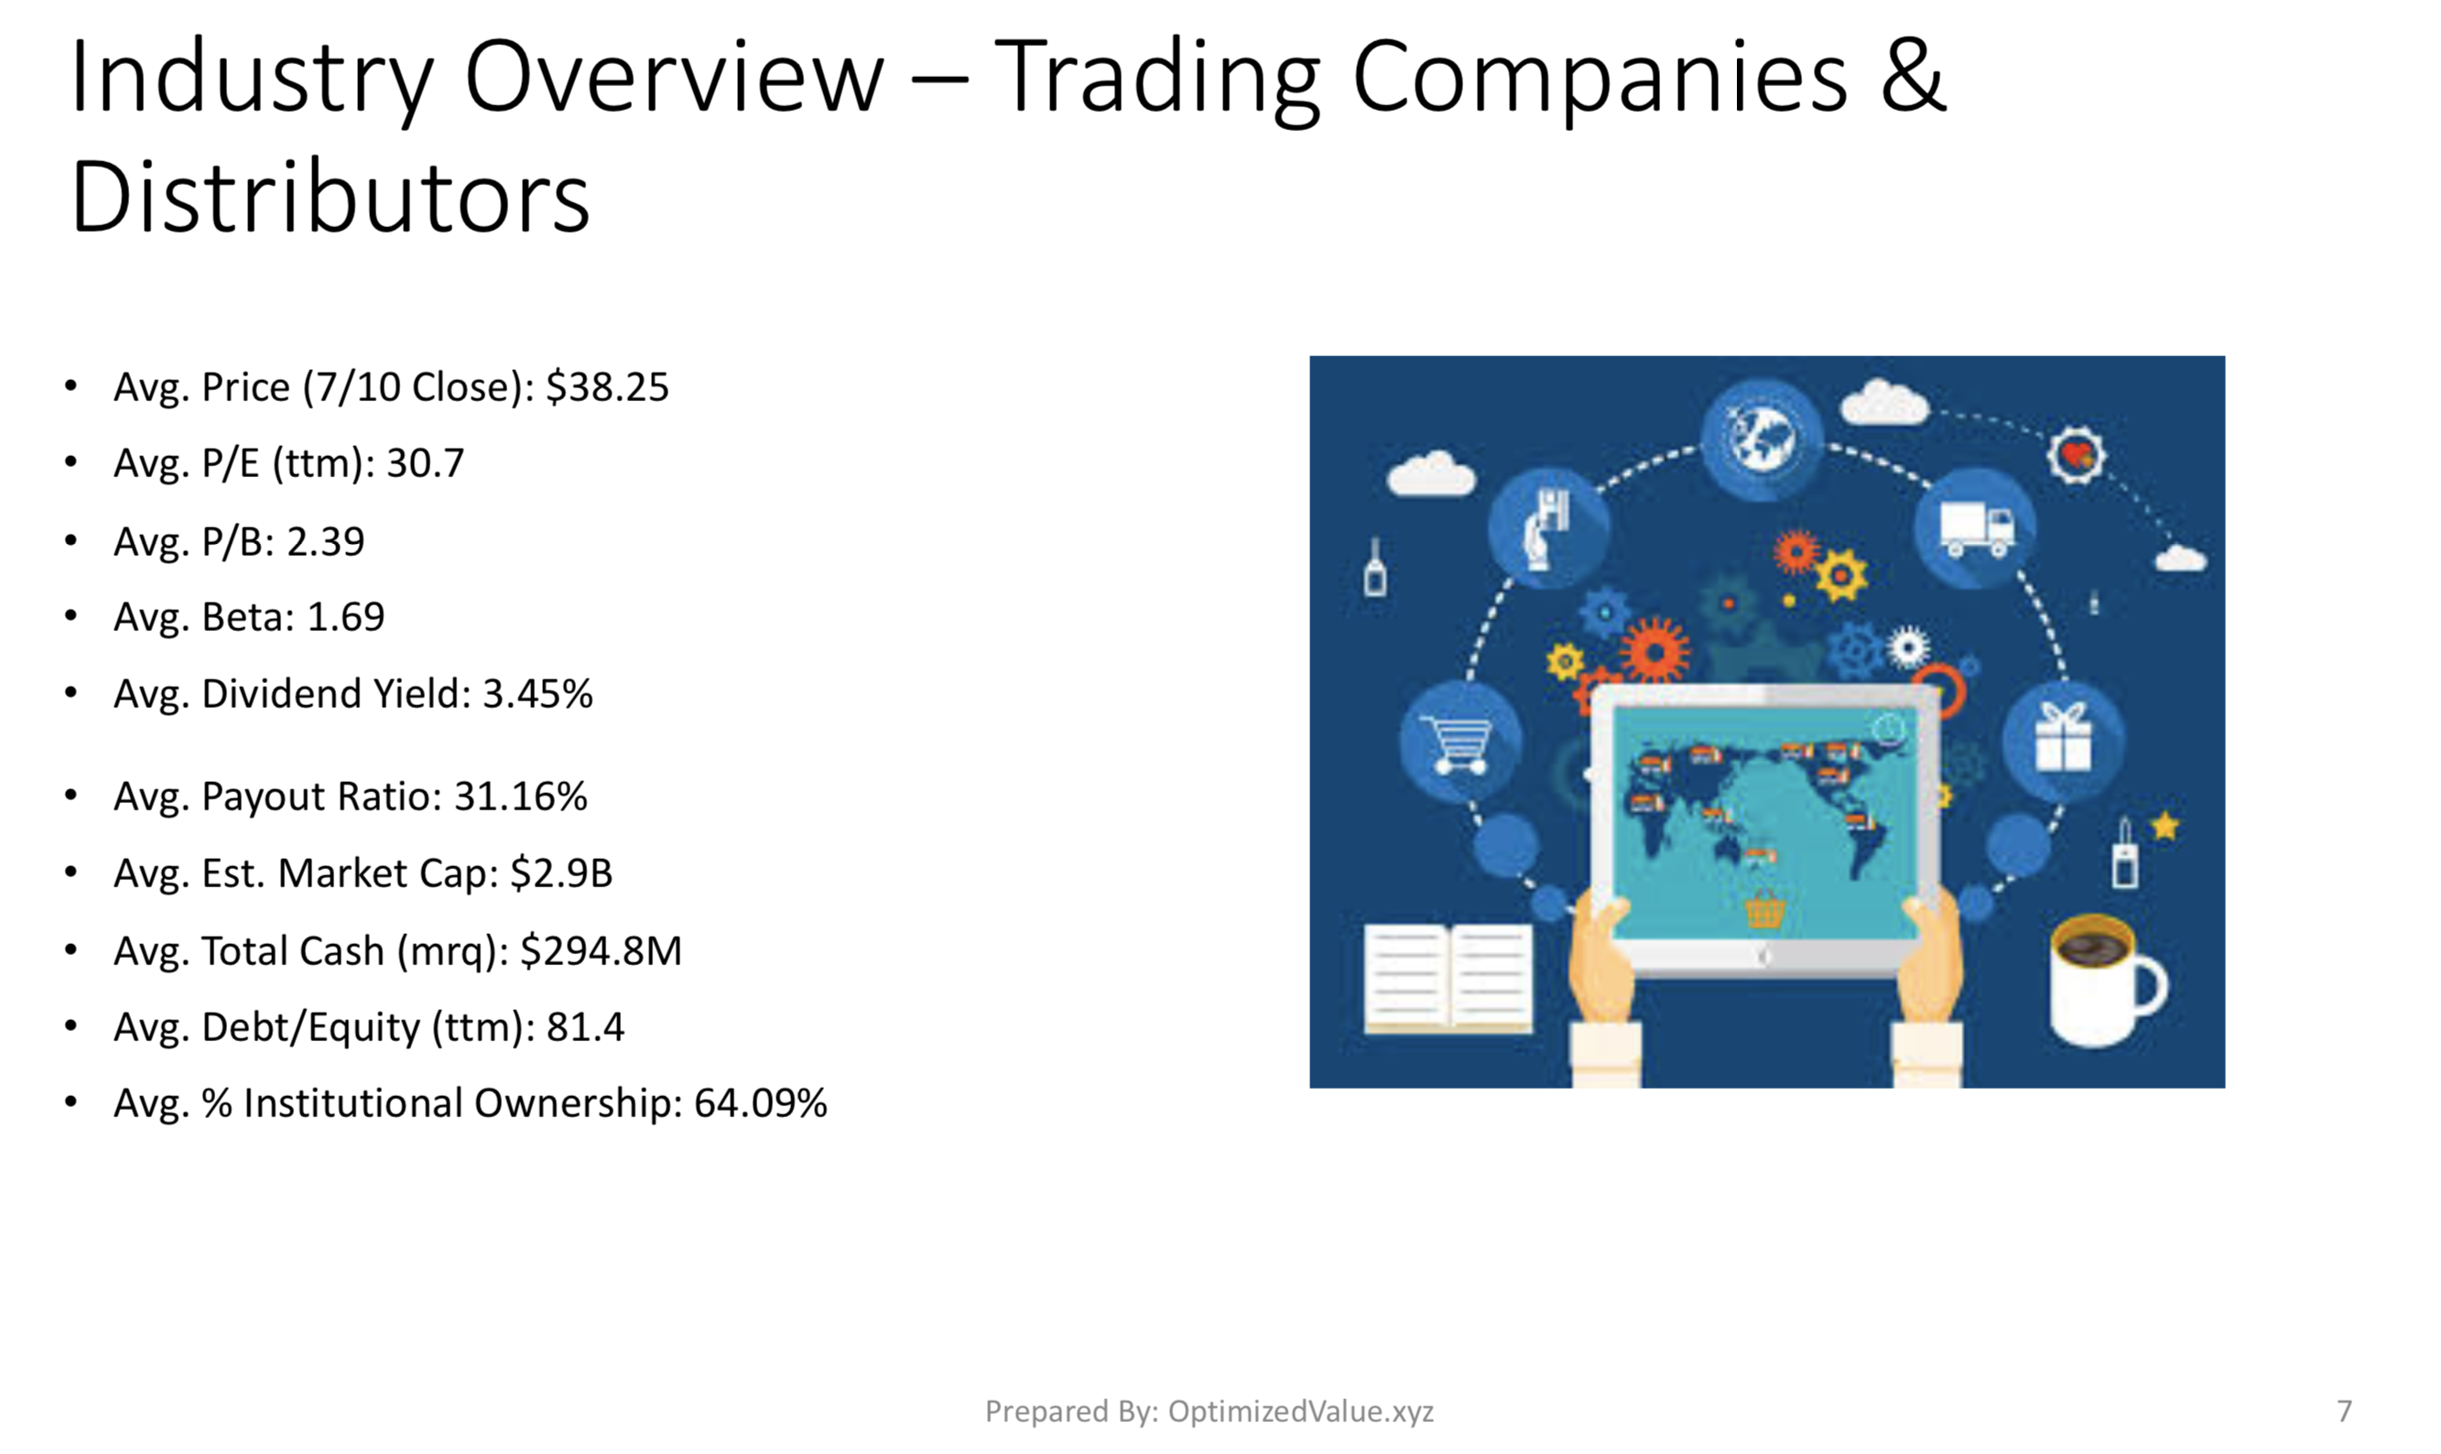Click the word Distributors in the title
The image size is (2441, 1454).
[331, 197]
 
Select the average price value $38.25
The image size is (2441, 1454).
[607, 387]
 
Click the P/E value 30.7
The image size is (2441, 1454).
[425, 463]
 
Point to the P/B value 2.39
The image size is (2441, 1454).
[325, 542]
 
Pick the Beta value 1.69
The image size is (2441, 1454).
[346, 617]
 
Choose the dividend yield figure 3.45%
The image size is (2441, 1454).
[537, 694]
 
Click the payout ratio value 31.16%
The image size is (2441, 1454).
[520, 797]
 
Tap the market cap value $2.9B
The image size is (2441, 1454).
[561, 873]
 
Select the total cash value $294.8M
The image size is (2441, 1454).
[602, 950]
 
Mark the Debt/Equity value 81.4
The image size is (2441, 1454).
[585, 1026]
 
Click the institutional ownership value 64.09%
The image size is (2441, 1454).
[761, 1103]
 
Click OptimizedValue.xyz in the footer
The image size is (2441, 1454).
[1301, 1411]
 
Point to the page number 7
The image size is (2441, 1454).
[2344, 1411]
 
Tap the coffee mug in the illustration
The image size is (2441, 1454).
[2106, 981]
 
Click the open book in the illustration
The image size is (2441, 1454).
[1448, 978]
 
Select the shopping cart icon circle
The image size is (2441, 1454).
[1460, 742]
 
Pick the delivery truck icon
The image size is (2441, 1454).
[1976, 529]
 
